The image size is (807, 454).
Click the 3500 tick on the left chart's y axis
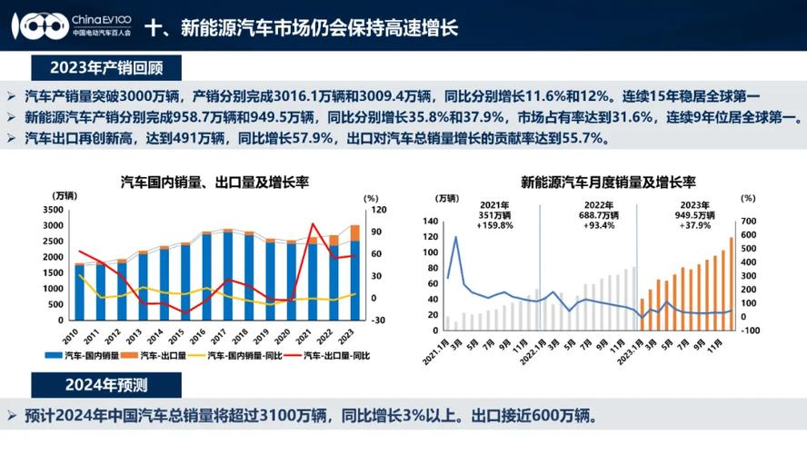(x=52, y=210)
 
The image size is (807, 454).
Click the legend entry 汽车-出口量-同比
(x=335, y=355)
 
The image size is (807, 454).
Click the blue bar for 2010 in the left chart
(x=80, y=291)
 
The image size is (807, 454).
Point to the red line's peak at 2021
(x=314, y=223)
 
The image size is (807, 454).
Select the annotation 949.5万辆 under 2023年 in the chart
(x=695, y=216)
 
